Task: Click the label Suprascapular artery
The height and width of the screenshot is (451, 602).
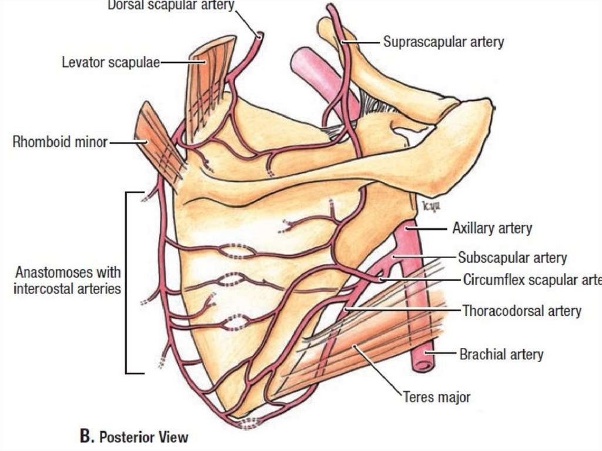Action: tap(443, 42)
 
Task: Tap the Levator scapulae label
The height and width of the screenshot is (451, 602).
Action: tap(111, 62)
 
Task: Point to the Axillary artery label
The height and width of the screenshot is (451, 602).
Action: tap(492, 228)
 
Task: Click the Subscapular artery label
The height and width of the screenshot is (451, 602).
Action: tap(512, 258)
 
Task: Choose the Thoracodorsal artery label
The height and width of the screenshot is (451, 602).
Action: tap(521, 310)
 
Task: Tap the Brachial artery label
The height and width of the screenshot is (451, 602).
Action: tap(501, 354)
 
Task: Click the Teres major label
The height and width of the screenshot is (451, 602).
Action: tap(436, 397)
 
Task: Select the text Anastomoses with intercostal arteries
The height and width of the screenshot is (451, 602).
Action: tap(68, 280)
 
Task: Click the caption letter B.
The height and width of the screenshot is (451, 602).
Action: tap(86, 436)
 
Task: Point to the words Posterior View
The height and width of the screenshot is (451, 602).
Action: tap(144, 437)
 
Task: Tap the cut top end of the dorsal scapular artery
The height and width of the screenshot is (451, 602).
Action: tap(259, 35)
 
